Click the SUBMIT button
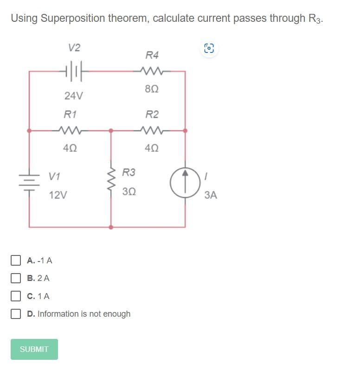[x=34, y=349]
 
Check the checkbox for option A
[x=16, y=260]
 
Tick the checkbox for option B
[x=16, y=278]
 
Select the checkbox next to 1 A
[x=16, y=296]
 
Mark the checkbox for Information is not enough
[x=16, y=314]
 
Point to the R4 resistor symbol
[x=152, y=71]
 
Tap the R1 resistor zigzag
[x=71, y=131]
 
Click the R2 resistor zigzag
[x=152, y=131]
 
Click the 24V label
[x=74, y=96]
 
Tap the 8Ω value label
[x=152, y=89]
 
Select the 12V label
[x=58, y=195]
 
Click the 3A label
[x=211, y=195]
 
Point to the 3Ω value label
[x=129, y=191]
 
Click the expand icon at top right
[x=209, y=48]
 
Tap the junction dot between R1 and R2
[x=111, y=131]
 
